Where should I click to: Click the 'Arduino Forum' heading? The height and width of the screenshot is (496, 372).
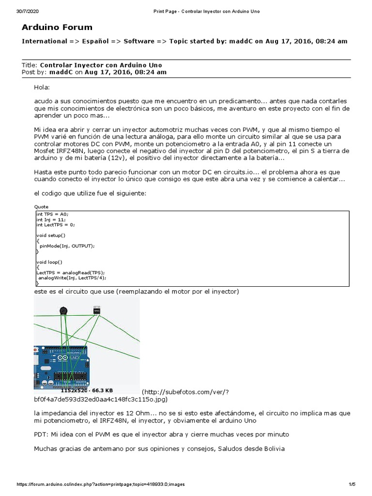coord(57,27)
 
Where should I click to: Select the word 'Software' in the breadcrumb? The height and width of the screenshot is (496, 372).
coord(139,41)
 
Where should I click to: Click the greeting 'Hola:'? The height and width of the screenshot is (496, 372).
coord(42,87)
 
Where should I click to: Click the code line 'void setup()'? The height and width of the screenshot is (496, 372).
coord(50,235)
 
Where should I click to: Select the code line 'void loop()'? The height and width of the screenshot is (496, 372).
coord(49,262)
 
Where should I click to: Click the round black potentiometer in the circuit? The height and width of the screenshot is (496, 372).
coord(62,310)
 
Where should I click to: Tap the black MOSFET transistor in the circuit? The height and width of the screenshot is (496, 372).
coord(96,310)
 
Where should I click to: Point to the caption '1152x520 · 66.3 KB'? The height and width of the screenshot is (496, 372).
coord(87,390)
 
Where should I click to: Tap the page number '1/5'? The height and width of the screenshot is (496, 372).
coord(352,484)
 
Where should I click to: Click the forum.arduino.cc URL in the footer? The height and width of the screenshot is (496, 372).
coord(101,484)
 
